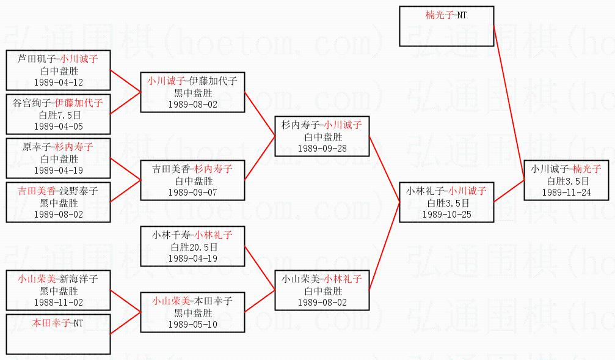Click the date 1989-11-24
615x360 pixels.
pyautogui.click(x=569, y=192)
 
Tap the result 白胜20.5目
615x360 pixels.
pyautogui.click(x=193, y=246)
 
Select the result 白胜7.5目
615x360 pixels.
pyautogui.click(x=59, y=115)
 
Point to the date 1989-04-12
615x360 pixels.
pyautogui.click(x=59, y=82)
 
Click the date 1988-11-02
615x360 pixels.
pyautogui.click(x=59, y=303)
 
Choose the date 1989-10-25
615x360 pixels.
pyautogui.click(x=446, y=215)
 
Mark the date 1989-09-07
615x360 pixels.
pyautogui.click(x=193, y=193)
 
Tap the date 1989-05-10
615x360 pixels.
pyautogui.click(x=193, y=324)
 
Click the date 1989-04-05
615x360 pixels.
pyautogui.click(x=59, y=126)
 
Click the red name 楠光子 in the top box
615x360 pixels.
pyautogui.click(x=439, y=15)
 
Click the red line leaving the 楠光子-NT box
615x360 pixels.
pyautogui.click(x=509, y=104)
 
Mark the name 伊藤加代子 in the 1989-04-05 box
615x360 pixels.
pyautogui.click(x=79, y=103)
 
